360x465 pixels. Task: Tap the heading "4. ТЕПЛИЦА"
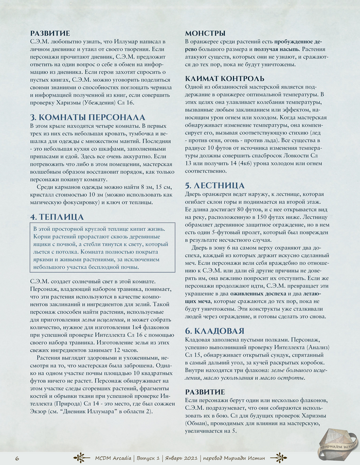(x=57, y=217)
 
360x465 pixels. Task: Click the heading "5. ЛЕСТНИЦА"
(x=215, y=185)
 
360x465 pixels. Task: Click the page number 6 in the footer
(x=17, y=458)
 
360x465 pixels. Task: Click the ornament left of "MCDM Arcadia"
(x=82, y=458)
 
